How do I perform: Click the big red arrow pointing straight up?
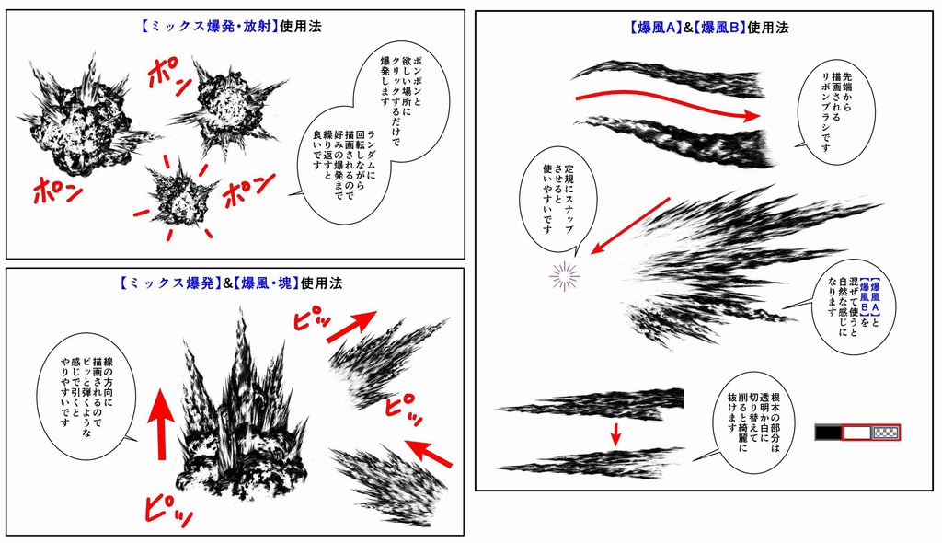(161, 420)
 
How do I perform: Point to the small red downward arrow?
(616, 432)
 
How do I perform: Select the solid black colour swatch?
(828, 432)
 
